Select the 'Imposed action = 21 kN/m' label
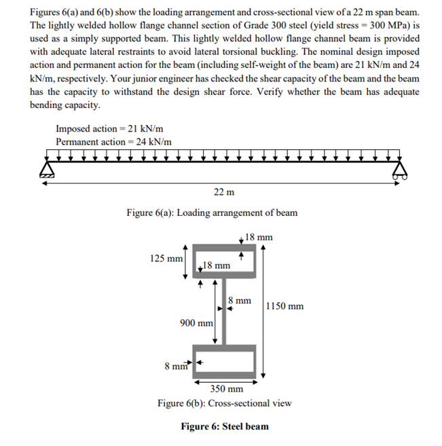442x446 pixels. pos(109,129)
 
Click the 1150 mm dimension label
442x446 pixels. pos(287,306)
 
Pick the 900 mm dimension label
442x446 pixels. pos(197,324)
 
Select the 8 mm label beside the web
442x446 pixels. pos(240,300)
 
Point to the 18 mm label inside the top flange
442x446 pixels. pos(217,267)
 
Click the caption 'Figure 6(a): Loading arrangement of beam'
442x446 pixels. pos(212,212)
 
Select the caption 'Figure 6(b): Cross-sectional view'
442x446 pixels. pos(224,403)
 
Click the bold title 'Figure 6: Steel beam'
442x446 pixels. pos(224,427)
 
